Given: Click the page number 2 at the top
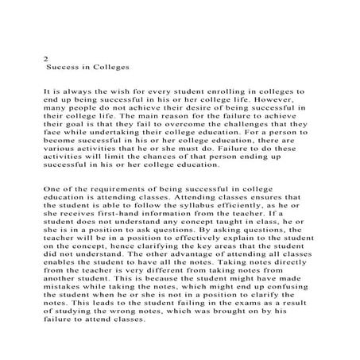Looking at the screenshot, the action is pos(45,59).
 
